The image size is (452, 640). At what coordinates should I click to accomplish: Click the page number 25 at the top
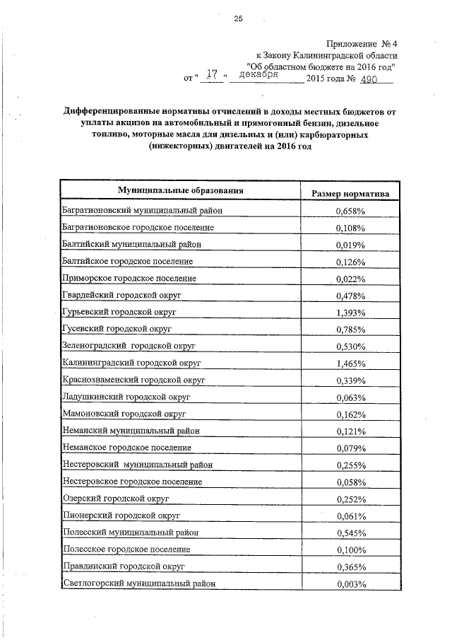(x=238, y=19)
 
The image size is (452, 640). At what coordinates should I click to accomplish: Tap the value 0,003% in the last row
(x=350, y=584)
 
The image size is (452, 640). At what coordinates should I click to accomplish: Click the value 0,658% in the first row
(x=350, y=211)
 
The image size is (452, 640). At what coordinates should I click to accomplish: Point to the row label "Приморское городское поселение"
(x=129, y=278)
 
